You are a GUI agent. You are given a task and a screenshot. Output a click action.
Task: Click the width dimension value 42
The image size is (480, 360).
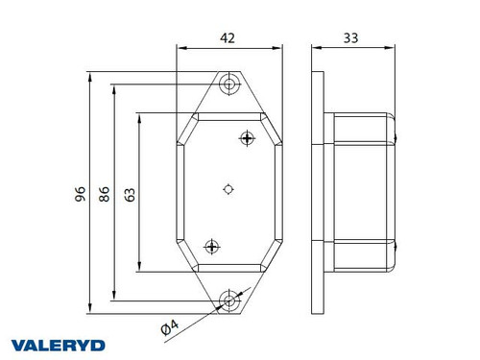pyautogui.click(x=228, y=37)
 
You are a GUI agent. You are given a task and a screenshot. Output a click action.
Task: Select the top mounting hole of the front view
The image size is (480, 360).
pyautogui.click(x=228, y=84)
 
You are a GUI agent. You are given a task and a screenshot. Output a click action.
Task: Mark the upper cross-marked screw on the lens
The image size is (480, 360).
pyautogui.click(x=248, y=138)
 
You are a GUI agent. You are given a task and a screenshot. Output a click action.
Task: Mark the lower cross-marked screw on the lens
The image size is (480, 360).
pyautogui.click(x=212, y=247)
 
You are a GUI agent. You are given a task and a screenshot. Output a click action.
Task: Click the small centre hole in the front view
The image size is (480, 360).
pyautogui.click(x=228, y=189)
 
